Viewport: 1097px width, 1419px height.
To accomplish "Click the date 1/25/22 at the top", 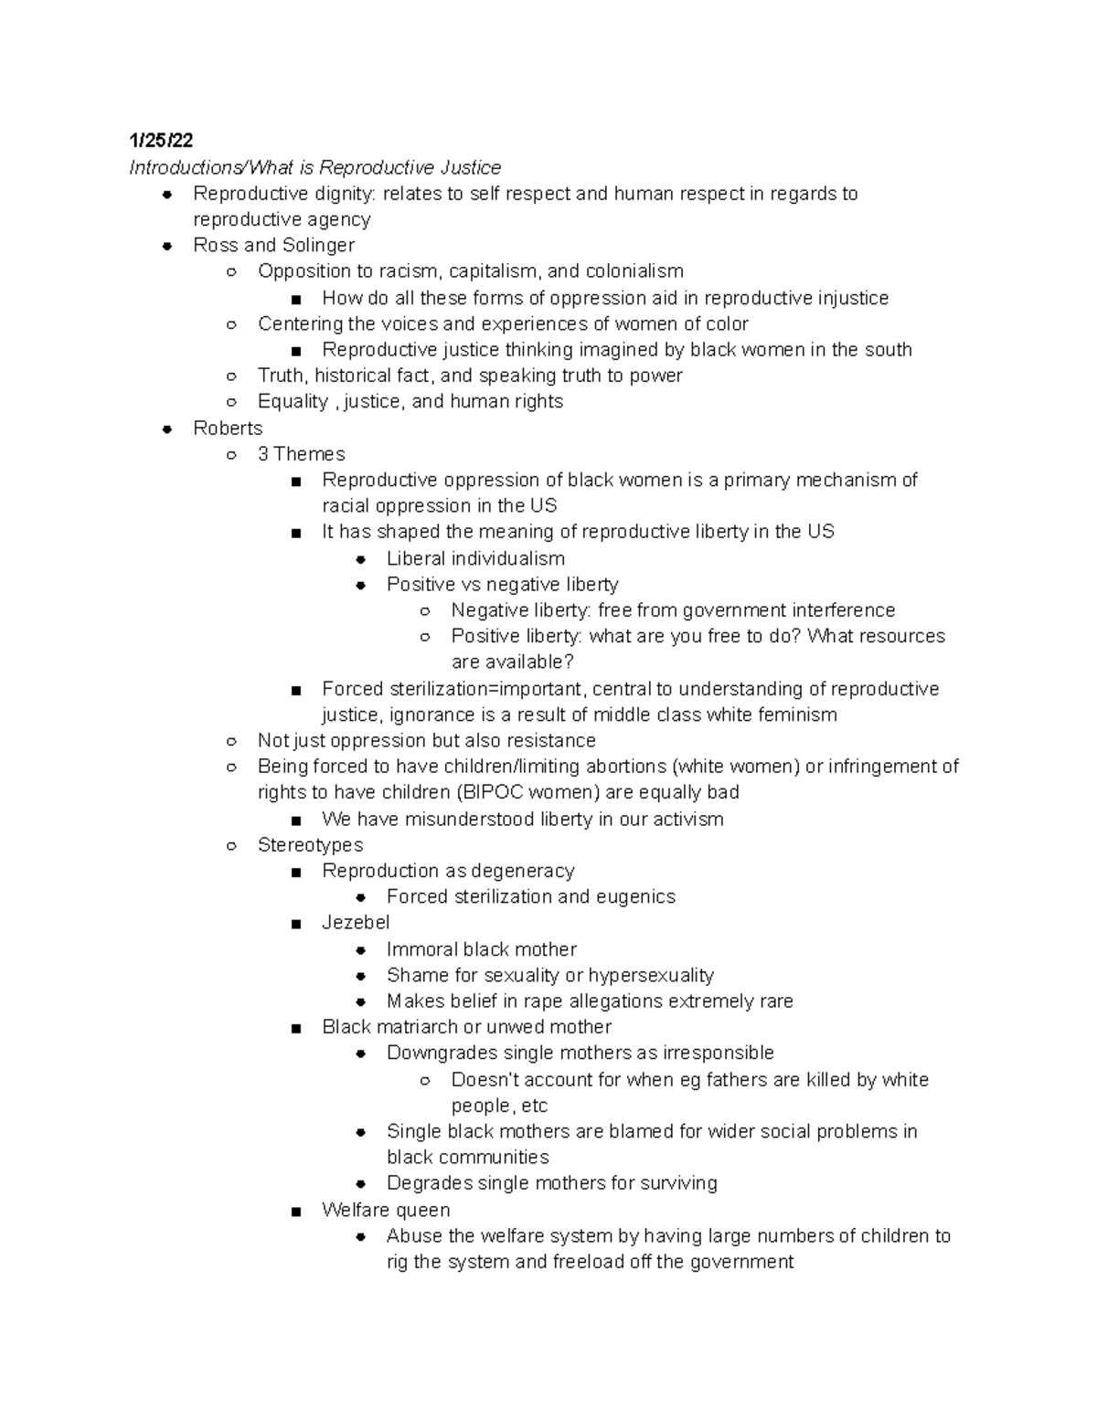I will [x=161, y=141].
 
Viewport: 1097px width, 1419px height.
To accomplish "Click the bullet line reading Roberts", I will [x=228, y=428].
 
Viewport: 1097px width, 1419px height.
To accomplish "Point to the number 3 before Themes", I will [x=263, y=454].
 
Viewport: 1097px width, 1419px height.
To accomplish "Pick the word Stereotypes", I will [x=310, y=845].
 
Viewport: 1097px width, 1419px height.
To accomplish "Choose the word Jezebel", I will [x=356, y=923].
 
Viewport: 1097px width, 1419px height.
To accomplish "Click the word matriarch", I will [x=422, y=1027].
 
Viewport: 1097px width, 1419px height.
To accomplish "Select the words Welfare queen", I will [x=386, y=1210].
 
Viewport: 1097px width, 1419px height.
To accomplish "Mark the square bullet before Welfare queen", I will [x=294, y=1212].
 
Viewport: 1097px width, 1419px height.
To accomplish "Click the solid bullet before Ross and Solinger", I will [x=166, y=246].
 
